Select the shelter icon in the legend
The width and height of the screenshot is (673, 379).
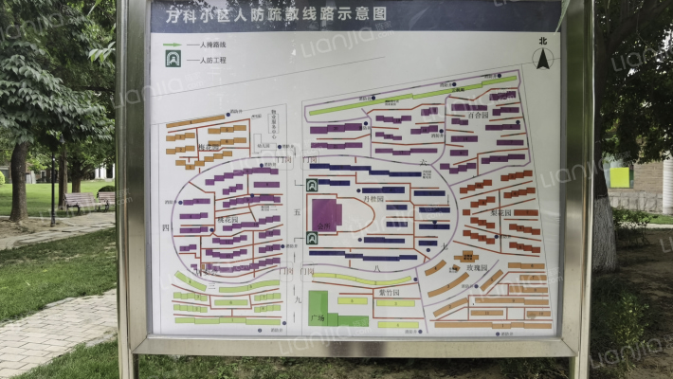(173, 59)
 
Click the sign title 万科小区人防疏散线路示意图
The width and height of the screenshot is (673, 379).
(277, 14)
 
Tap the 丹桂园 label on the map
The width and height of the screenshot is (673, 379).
(373, 200)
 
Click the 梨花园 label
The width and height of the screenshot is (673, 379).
(501, 213)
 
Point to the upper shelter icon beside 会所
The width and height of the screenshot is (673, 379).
(312, 186)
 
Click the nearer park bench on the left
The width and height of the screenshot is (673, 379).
(81, 202)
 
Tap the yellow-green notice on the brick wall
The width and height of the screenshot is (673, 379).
(619, 177)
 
